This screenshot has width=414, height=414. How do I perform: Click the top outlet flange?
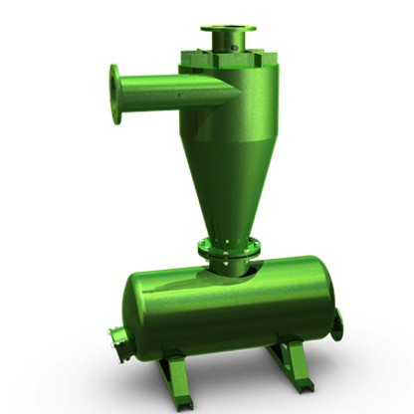click(227, 29)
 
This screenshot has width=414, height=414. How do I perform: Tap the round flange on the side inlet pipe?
click(116, 94)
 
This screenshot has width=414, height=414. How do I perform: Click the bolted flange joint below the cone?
click(228, 245)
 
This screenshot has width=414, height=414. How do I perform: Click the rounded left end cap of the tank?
click(134, 318)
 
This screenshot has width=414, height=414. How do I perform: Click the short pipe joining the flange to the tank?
click(230, 265)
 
